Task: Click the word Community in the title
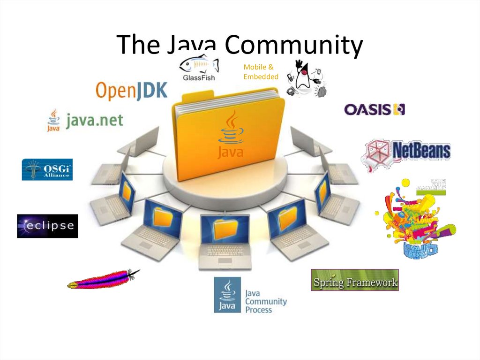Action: coord(293,46)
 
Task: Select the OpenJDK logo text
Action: coord(131,91)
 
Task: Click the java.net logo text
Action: coord(94,120)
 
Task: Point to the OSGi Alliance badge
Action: coord(47,169)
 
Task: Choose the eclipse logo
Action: coord(47,226)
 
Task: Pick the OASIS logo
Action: coord(374,109)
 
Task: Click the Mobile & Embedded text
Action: coord(260,72)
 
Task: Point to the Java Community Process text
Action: coord(265,301)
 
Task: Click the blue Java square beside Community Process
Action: coord(227,295)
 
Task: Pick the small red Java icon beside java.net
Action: coord(53,120)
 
